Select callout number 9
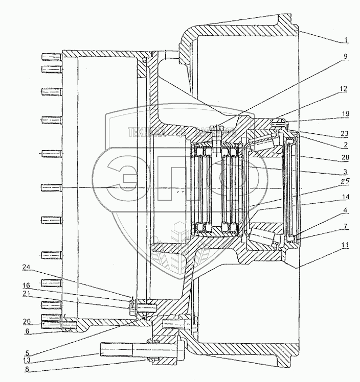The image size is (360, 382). pyautogui.click(x=346, y=56)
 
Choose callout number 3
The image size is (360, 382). pyautogui.click(x=345, y=171)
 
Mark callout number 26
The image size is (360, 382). pyautogui.click(x=26, y=322)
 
